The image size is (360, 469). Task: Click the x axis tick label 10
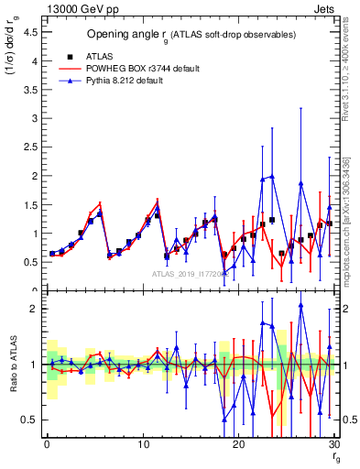pos(142,444)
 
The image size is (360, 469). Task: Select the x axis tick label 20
pos(238,444)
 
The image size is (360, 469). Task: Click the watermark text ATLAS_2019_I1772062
pos(189,275)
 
